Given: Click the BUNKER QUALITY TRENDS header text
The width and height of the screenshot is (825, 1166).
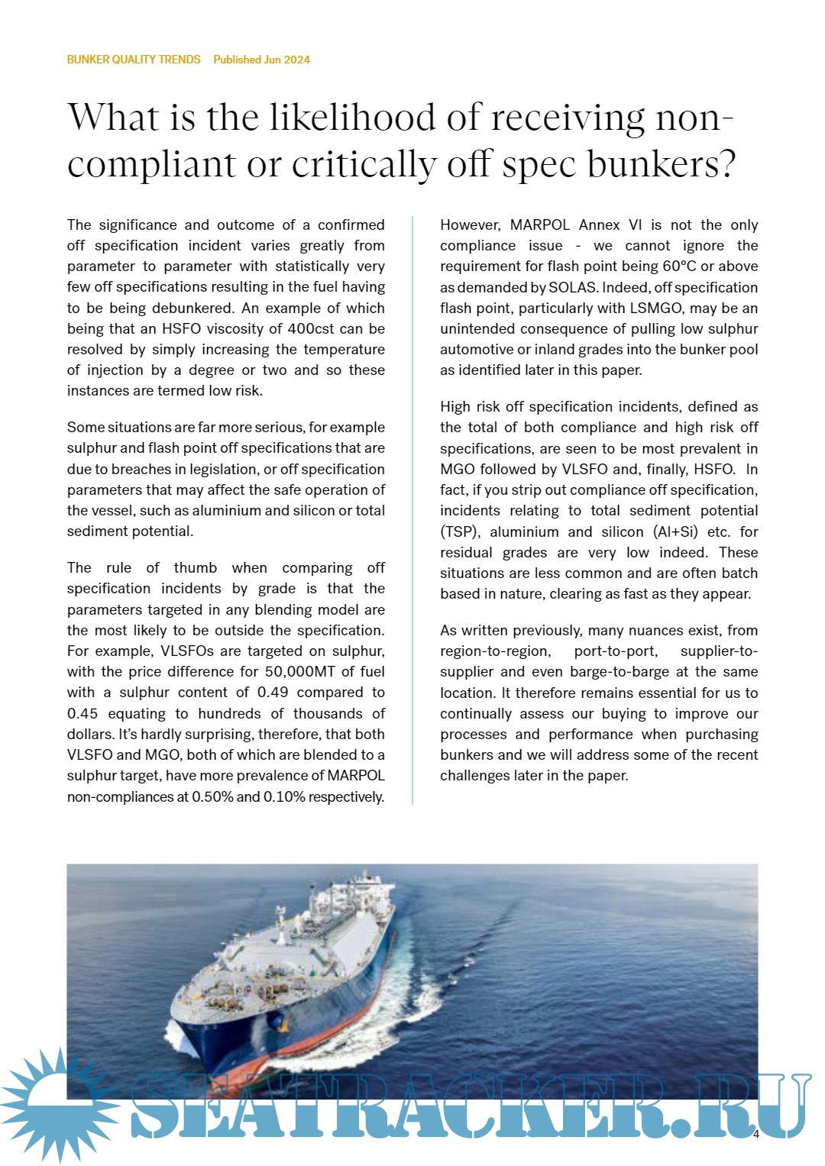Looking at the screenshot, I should coord(134,60).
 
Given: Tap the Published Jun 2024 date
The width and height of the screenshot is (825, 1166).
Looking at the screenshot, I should coord(261,60).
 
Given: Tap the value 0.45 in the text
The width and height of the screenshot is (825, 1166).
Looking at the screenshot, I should coord(82,714).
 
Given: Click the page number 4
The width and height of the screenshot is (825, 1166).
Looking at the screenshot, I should coord(755,1135).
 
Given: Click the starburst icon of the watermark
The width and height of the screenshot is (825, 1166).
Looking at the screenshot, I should coord(53,1103).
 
